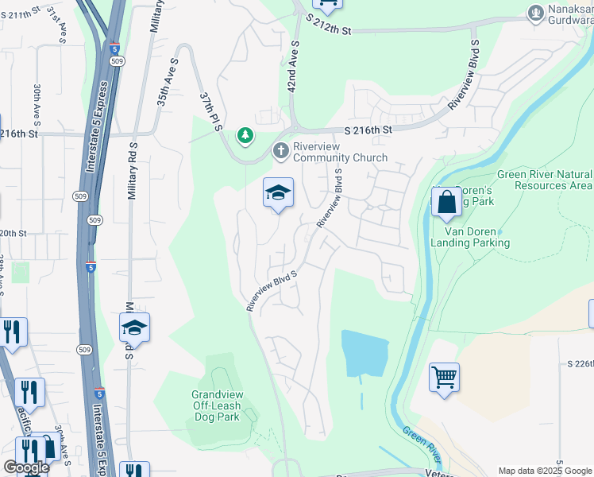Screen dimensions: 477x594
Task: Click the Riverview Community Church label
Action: [x=341, y=152]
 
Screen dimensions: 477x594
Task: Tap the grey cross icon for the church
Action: [x=280, y=150]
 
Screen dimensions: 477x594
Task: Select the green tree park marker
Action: [x=246, y=136]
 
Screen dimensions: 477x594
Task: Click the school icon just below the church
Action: [x=278, y=193]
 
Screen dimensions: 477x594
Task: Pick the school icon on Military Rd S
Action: [x=134, y=328]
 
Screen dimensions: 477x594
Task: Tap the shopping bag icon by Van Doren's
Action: [x=447, y=204]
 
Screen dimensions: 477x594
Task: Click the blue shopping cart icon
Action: [x=444, y=377]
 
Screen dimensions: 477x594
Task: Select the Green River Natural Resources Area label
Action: [x=544, y=180]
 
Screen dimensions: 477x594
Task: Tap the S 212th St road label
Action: [x=327, y=29]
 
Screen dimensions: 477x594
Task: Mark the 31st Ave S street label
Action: [x=55, y=23]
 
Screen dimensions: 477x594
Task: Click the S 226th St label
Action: [x=580, y=363]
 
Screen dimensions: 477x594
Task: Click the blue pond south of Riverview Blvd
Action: [x=365, y=352]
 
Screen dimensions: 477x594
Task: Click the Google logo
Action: [x=25, y=467]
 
